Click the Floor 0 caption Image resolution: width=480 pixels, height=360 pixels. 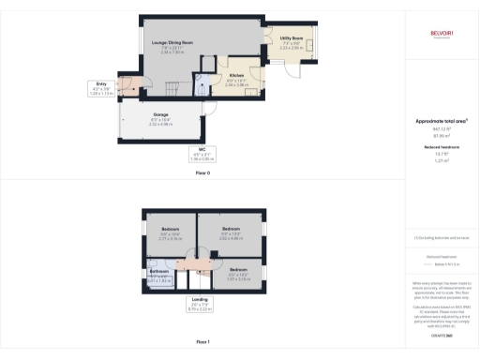[x=202, y=173]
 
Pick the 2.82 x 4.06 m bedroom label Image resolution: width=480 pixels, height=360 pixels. [x=232, y=231]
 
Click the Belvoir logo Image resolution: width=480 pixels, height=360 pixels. [x=442, y=37]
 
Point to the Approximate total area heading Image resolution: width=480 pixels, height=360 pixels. [x=442, y=121]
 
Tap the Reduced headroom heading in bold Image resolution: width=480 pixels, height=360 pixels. [x=442, y=147]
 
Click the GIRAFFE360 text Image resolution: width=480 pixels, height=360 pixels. [x=442, y=335]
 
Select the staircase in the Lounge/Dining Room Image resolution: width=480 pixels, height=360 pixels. [x=171, y=90]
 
